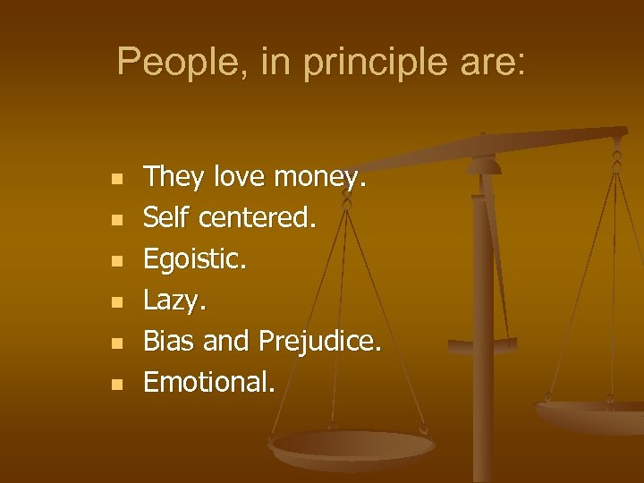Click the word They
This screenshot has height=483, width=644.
[x=174, y=176]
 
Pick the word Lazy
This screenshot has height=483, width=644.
[x=174, y=300]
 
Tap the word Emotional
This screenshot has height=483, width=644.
[x=209, y=382]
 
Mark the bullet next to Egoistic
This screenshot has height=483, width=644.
[x=114, y=261]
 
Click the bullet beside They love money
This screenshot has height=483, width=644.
[x=114, y=179]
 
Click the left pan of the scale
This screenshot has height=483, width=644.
[x=352, y=445]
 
